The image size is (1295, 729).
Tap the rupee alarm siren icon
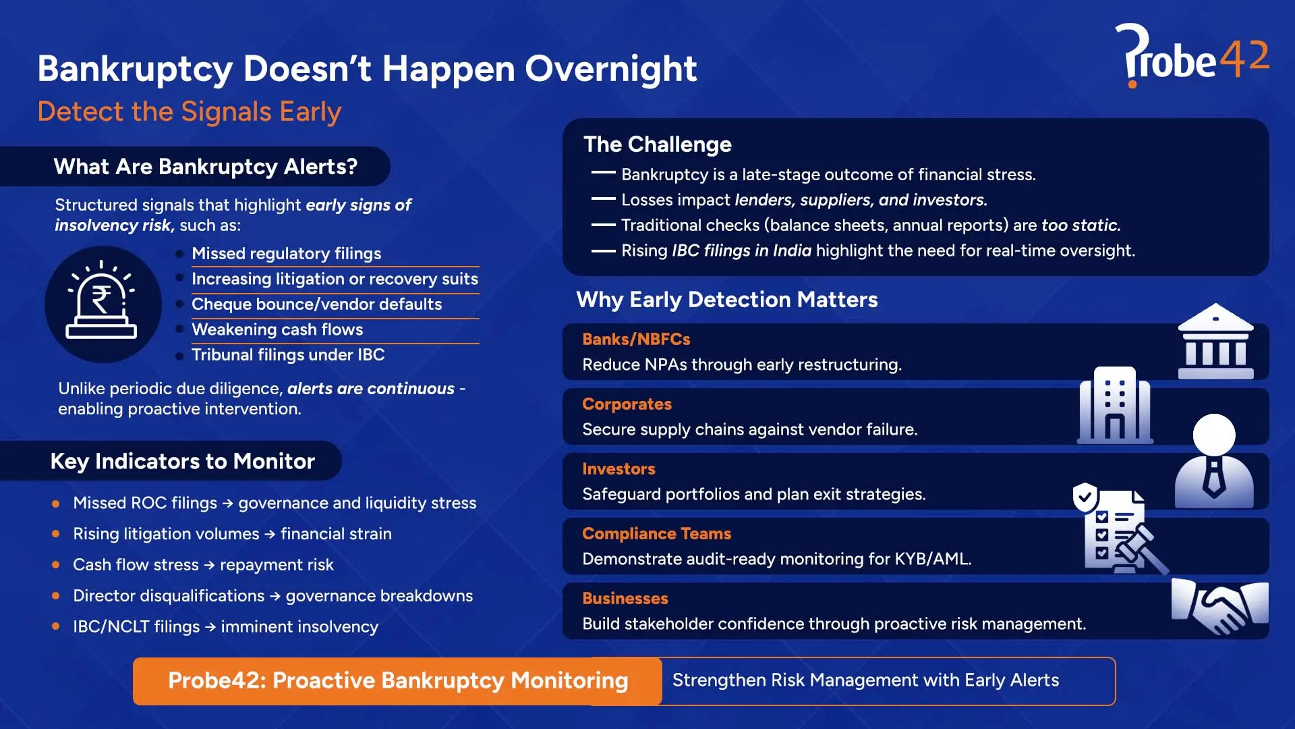coord(102,303)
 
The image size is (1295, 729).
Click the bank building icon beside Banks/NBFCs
coord(1215,342)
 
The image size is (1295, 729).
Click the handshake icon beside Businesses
coord(1219,605)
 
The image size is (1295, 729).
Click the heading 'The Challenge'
coord(657,144)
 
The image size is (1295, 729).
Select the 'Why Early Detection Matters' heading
coord(726,300)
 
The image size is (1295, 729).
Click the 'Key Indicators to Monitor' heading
coord(182,461)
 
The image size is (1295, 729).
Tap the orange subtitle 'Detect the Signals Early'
coord(189,111)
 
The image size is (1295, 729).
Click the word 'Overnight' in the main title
coord(610,69)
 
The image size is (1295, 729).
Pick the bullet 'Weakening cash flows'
coord(277,329)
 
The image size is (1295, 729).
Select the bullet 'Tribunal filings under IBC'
coord(288,355)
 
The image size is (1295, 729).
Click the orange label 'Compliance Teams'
coord(656,533)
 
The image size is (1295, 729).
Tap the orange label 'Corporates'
coord(627,404)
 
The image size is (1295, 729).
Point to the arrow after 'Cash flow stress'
coord(209,565)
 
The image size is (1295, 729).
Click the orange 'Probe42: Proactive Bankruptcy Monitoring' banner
coord(397,680)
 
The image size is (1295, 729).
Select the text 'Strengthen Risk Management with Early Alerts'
coord(865,680)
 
